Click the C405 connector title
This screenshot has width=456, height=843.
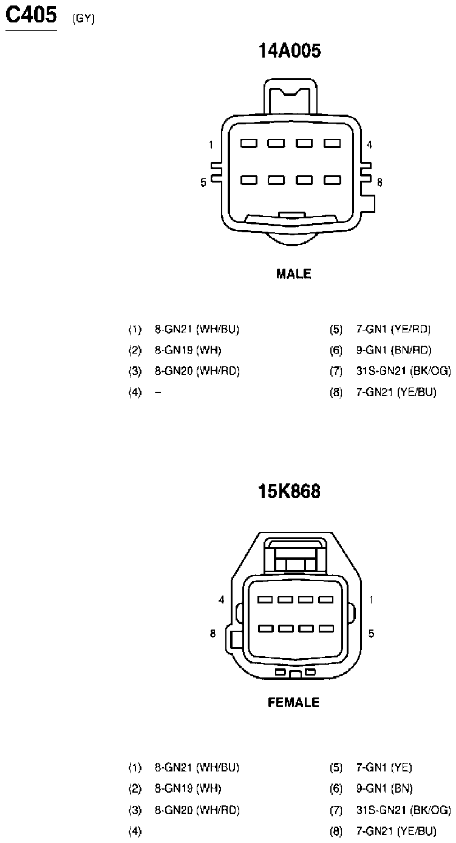click(x=32, y=15)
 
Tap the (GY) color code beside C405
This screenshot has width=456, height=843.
click(x=84, y=19)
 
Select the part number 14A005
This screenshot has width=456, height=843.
click(x=290, y=50)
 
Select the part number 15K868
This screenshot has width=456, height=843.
click(x=289, y=491)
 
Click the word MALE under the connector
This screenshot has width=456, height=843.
click(x=293, y=274)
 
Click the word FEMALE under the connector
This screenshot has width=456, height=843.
click(x=293, y=702)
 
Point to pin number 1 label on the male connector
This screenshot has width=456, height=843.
click(x=211, y=144)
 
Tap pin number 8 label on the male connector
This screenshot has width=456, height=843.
click(x=379, y=183)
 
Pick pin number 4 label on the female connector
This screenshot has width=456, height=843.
click(x=221, y=600)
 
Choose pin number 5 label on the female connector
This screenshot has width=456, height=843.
click(x=371, y=633)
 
